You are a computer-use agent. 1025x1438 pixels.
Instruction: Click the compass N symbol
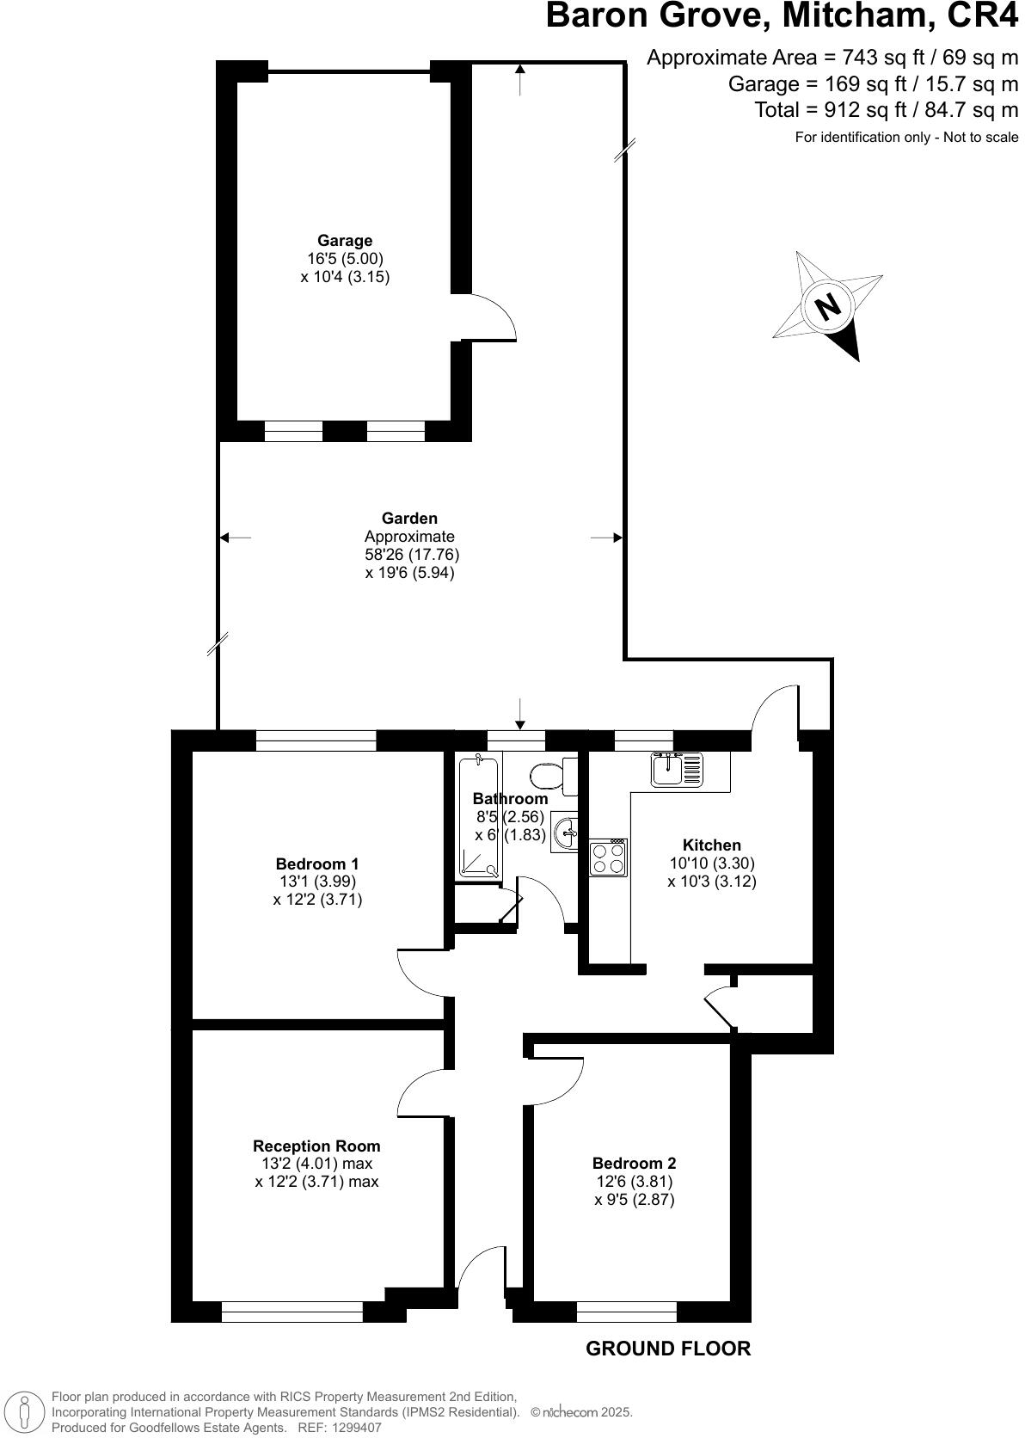827,306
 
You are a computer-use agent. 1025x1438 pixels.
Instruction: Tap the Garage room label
345,241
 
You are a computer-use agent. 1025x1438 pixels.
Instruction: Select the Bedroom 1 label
317,863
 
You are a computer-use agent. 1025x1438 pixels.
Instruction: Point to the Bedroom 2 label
635,1164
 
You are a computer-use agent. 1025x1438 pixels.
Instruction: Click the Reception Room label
316,1146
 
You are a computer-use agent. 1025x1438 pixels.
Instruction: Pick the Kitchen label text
712,845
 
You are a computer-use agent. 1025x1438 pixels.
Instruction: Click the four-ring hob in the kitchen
608,857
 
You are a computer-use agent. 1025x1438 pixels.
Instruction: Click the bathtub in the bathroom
478,817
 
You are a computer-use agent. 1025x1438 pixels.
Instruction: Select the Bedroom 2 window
627,1312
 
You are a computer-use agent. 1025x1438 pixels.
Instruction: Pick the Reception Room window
292,1312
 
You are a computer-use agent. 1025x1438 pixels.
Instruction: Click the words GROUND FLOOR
668,1349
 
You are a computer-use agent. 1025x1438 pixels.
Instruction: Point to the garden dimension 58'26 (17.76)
412,555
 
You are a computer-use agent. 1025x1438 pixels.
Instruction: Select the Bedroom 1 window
316,740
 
